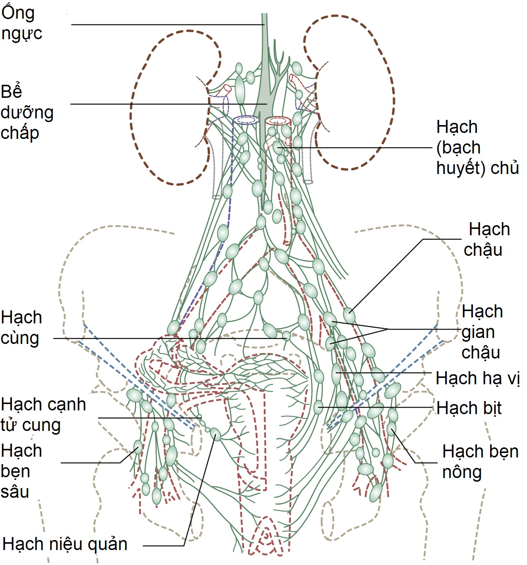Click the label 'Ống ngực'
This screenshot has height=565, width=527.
click(x=21, y=23)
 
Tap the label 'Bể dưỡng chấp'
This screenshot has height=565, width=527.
click(x=27, y=112)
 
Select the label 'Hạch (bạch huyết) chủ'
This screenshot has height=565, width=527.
click(x=477, y=148)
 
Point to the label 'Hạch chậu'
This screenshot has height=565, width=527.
click(x=486, y=239)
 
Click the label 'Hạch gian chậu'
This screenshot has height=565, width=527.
click(x=482, y=332)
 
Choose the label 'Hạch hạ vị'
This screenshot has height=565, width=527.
click(x=477, y=378)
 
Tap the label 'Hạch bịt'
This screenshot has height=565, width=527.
click(x=469, y=408)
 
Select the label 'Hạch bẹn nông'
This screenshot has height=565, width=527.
click(x=480, y=462)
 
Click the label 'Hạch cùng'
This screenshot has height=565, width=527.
click(x=21, y=327)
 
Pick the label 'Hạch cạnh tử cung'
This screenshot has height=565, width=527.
click(x=43, y=414)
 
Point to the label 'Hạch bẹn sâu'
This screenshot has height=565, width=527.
click(x=21, y=471)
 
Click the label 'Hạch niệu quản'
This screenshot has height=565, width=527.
click(x=65, y=544)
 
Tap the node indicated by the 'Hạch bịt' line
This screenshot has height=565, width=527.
click(x=318, y=407)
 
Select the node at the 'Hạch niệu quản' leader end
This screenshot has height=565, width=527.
click(x=216, y=434)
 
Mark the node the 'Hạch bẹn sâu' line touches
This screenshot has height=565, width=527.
click(x=138, y=447)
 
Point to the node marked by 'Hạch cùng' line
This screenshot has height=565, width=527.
click(x=286, y=336)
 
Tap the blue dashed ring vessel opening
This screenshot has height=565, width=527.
click(x=246, y=120)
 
